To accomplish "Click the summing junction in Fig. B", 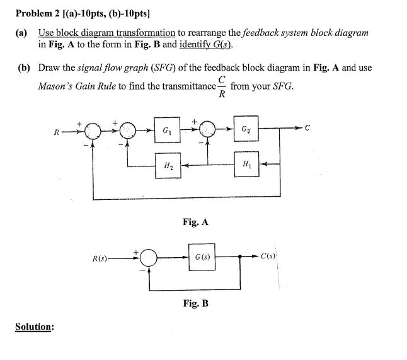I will point(149,258).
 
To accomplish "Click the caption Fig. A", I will point(195,222).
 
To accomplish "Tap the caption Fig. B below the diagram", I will point(195,303).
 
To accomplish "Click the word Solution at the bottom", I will point(35,328).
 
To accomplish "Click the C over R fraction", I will point(220,86).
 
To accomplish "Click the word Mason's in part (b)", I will point(54,86).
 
